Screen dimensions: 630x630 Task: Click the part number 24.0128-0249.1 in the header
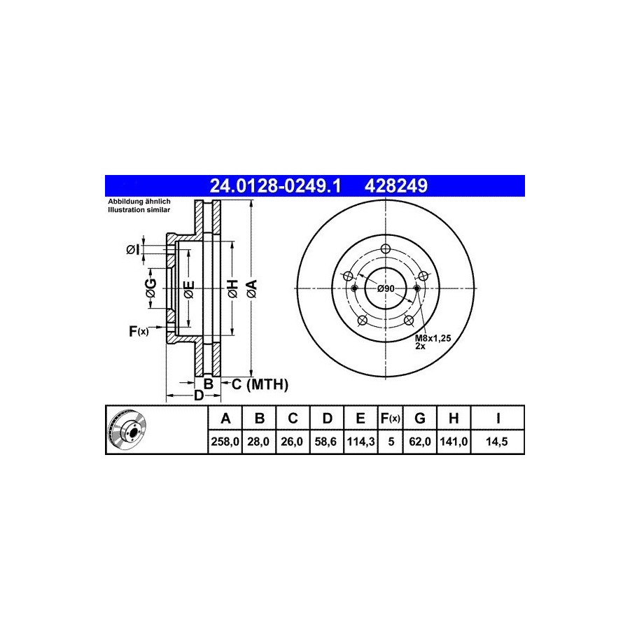[x=275, y=185]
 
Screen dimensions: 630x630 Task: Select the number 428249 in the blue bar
[x=395, y=185]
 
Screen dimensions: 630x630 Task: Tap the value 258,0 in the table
[x=225, y=442]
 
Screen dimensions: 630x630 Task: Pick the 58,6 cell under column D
[x=325, y=442]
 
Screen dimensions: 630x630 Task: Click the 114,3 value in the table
[x=360, y=442]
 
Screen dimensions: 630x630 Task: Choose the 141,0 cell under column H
[x=454, y=442]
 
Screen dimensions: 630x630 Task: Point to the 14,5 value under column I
[x=496, y=442]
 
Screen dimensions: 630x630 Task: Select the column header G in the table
[x=420, y=419]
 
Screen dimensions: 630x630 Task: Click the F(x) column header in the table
[x=391, y=419]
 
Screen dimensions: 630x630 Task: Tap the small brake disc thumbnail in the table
[x=127, y=429]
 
